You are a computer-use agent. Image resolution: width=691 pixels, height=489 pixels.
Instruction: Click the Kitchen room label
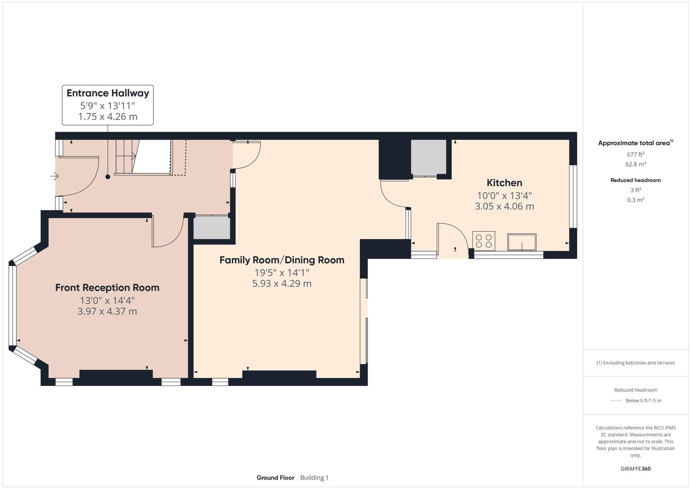[504, 183]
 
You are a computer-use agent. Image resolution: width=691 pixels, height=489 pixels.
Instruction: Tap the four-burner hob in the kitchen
[483, 241]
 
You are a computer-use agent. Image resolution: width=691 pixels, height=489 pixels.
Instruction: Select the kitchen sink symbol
[521, 242]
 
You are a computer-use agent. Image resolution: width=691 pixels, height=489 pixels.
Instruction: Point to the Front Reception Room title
[107, 288]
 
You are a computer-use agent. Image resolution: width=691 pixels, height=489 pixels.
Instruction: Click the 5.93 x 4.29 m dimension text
[282, 283]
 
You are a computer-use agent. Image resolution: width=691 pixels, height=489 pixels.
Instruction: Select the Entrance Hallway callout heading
[108, 93]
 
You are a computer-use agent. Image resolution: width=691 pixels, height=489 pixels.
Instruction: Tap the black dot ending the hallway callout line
[108, 177]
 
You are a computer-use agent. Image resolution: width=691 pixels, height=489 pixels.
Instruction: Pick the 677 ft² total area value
[635, 154]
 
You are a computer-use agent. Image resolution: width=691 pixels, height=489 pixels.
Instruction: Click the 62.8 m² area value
[635, 164]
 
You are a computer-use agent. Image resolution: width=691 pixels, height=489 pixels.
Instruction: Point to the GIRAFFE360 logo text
[635, 469]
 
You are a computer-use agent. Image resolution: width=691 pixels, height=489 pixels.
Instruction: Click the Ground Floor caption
[275, 477]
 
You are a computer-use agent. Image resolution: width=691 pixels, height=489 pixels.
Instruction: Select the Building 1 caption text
[314, 477]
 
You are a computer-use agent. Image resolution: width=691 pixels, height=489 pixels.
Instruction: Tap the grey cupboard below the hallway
[212, 228]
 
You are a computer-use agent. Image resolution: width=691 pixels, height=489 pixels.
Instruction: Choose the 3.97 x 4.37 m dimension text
[107, 311]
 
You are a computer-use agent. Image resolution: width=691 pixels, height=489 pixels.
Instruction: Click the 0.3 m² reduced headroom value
[635, 200]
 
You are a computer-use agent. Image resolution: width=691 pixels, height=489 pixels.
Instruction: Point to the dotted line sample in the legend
[616, 401]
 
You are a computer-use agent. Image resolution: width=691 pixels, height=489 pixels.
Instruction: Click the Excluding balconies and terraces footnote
[635, 363]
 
